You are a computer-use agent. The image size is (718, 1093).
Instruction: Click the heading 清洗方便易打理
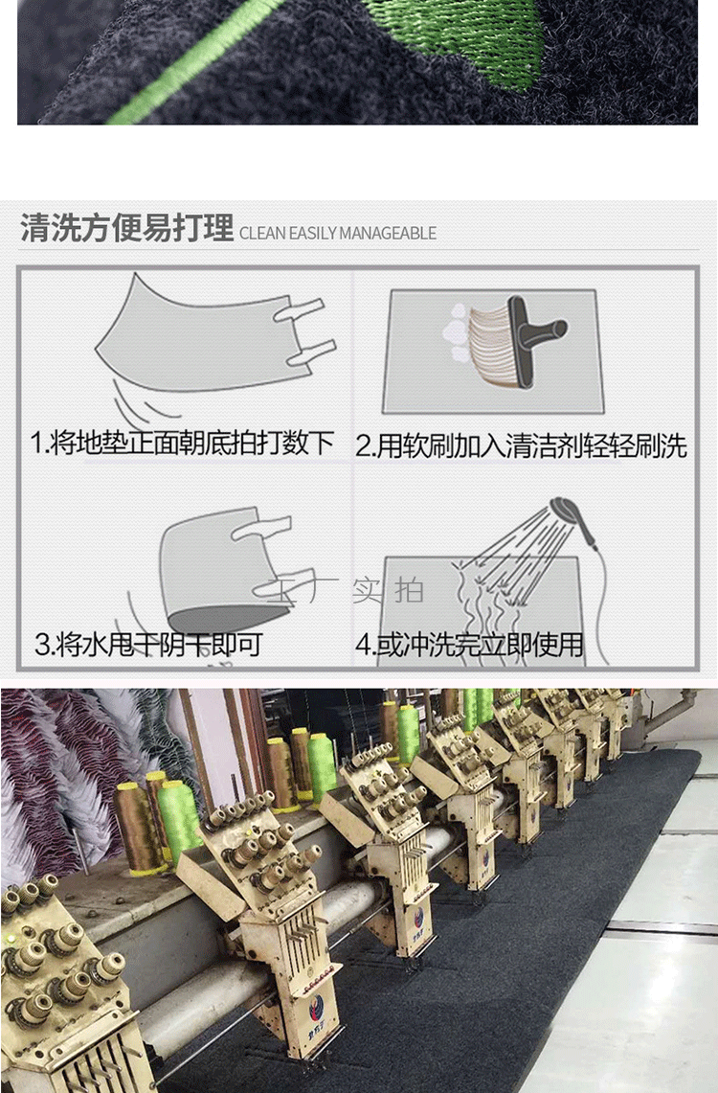[126, 230]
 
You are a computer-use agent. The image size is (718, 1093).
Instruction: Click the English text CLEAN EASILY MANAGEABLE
[337, 233]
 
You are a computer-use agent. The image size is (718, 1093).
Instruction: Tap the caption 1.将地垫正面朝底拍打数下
[182, 443]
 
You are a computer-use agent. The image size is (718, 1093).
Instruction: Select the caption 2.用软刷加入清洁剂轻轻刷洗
[522, 445]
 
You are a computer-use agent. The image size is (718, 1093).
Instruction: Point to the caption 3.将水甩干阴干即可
[148, 644]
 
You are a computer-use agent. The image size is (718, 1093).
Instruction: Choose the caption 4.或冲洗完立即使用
[469, 645]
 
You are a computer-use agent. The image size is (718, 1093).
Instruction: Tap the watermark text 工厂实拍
[340, 590]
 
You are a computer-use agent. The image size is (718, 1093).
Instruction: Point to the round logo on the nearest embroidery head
[315, 1007]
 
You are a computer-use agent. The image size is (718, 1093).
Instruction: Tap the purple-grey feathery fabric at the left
[48, 766]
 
